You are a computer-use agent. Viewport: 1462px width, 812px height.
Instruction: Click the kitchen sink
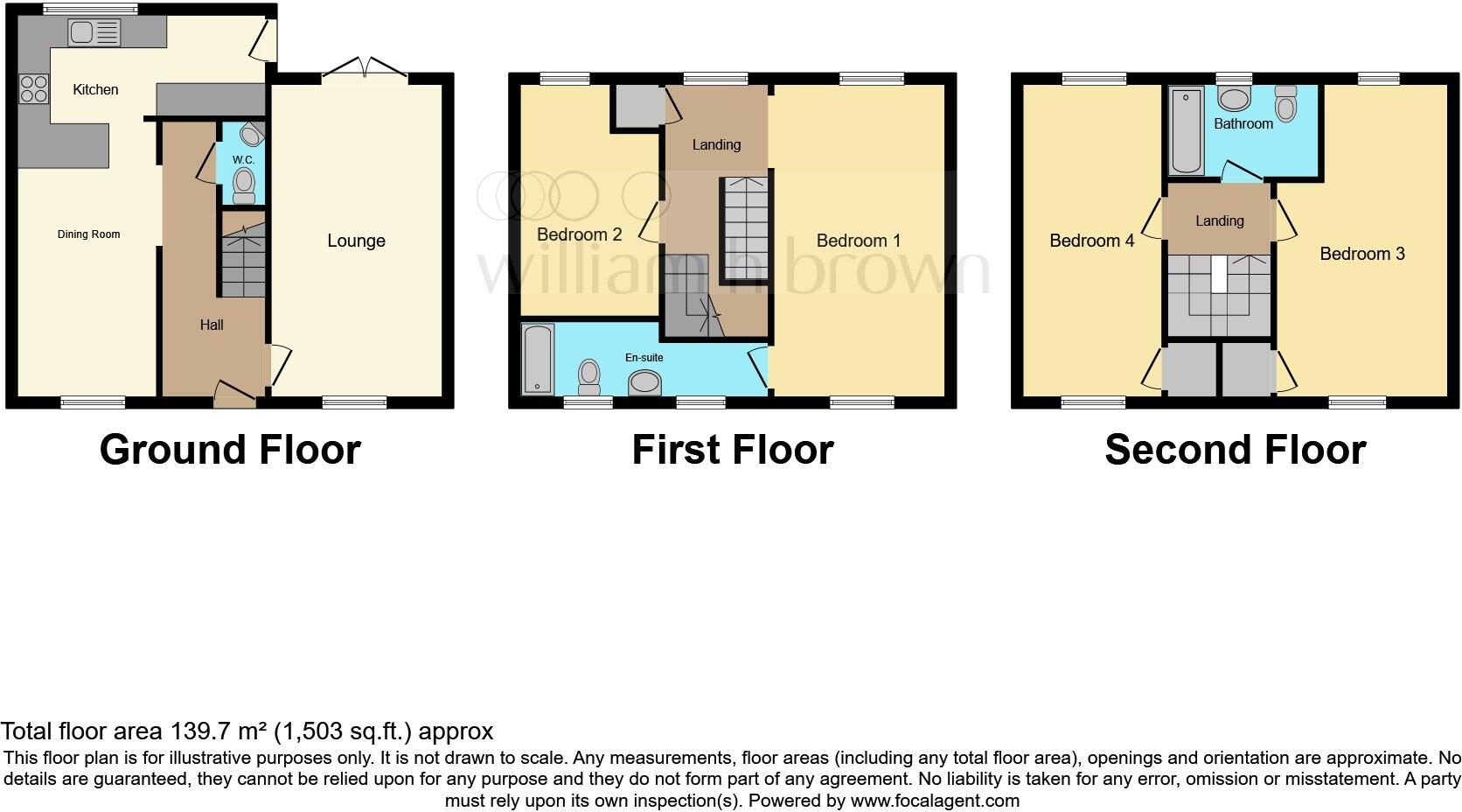pyautogui.click(x=94, y=33)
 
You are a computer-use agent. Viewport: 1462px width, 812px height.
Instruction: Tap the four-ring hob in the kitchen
pyautogui.click(x=34, y=89)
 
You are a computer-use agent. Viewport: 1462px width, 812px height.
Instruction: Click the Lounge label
pyautogui.click(x=356, y=241)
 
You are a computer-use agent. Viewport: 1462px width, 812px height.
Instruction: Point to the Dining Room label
pyautogui.click(x=88, y=234)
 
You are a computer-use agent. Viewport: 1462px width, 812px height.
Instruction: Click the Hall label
pyautogui.click(x=212, y=325)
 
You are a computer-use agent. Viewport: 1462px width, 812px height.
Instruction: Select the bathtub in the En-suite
pyautogui.click(x=537, y=359)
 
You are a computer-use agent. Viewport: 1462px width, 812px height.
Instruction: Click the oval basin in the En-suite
pyautogui.click(x=645, y=382)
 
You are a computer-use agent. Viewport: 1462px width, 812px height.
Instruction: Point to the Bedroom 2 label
pyautogui.click(x=579, y=234)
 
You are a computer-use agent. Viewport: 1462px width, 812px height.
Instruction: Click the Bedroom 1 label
pyautogui.click(x=858, y=241)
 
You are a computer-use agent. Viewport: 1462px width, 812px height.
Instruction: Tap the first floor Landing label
pyautogui.click(x=716, y=145)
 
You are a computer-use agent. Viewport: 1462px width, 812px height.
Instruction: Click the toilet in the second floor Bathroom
pyautogui.click(x=1285, y=104)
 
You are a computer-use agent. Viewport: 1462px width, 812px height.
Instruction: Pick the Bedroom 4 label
pyautogui.click(x=1091, y=241)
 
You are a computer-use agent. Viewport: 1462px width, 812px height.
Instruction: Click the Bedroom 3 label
pyautogui.click(x=1361, y=254)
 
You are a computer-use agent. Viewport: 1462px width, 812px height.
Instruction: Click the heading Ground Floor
pyautogui.click(x=230, y=450)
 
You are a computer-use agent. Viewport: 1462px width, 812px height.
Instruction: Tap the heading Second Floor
pyautogui.click(x=1235, y=450)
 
